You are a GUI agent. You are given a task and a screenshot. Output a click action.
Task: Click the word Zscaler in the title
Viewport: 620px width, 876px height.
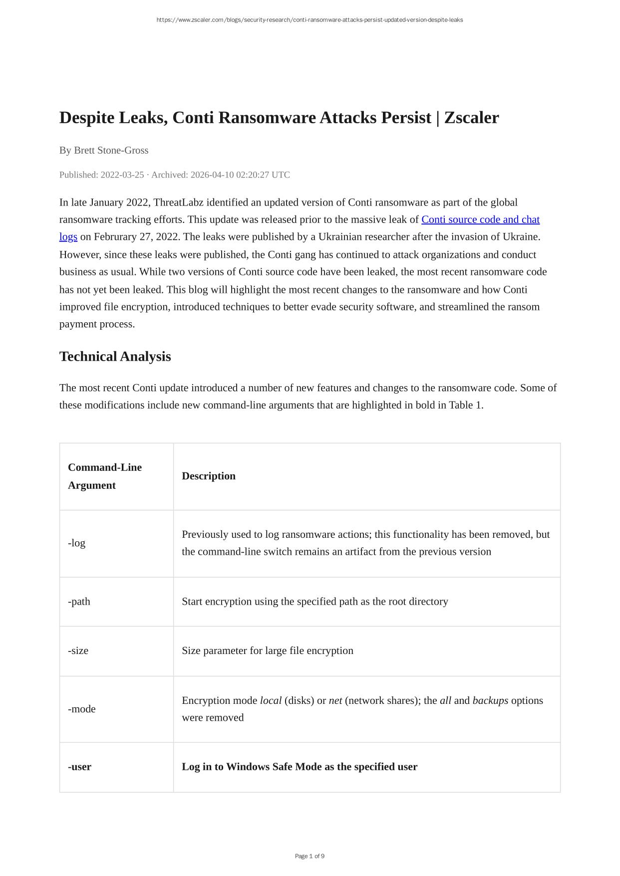click(x=471, y=118)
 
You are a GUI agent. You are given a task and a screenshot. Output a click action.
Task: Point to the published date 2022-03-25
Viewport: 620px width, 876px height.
click(x=122, y=175)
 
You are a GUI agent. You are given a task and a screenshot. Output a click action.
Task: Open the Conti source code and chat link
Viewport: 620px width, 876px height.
click(x=480, y=219)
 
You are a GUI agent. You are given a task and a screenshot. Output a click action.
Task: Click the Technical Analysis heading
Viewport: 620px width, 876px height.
click(x=115, y=357)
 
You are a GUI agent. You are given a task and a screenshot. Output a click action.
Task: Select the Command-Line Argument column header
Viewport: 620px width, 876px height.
click(x=105, y=476)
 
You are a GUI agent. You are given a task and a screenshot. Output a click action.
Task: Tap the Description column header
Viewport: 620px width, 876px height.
click(x=209, y=476)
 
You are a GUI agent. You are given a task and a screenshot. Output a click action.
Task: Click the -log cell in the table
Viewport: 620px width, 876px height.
click(x=77, y=543)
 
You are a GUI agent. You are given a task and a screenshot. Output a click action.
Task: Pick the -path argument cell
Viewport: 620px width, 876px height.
click(x=79, y=601)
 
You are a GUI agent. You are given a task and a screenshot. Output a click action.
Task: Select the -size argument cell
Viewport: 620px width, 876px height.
click(x=78, y=651)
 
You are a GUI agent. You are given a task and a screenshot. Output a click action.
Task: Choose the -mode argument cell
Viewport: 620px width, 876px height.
click(x=82, y=709)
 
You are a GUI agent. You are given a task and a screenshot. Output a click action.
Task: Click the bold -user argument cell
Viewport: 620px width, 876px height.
click(x=80, y=767)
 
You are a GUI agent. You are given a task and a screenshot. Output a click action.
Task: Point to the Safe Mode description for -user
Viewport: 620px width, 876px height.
click(x=300, y=767)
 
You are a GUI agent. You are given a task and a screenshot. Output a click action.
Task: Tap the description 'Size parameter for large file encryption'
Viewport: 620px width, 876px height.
click(x=268, y=651)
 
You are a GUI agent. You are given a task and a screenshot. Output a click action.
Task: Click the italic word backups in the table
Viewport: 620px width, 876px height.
click(x=490, y=700)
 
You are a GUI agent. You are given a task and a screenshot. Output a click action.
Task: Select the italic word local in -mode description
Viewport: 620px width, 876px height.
click(x=271, y=700)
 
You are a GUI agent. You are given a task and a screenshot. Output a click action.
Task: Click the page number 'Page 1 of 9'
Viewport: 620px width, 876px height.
click(x=310, y=856)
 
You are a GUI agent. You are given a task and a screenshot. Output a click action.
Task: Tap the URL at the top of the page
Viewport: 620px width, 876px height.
click(x=310, y=20)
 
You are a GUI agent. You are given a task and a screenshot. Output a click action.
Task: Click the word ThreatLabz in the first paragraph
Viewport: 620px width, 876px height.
click(x=178, y=203)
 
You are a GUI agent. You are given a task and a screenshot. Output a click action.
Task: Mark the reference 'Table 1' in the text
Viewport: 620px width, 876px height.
click(x=465, y=405)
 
